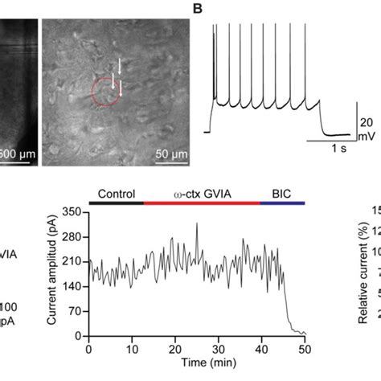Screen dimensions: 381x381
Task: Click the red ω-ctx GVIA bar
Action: pyautogui.click(x=202, y=203)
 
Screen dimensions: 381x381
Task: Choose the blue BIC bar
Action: pyautogui.click(x=283, y=203)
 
